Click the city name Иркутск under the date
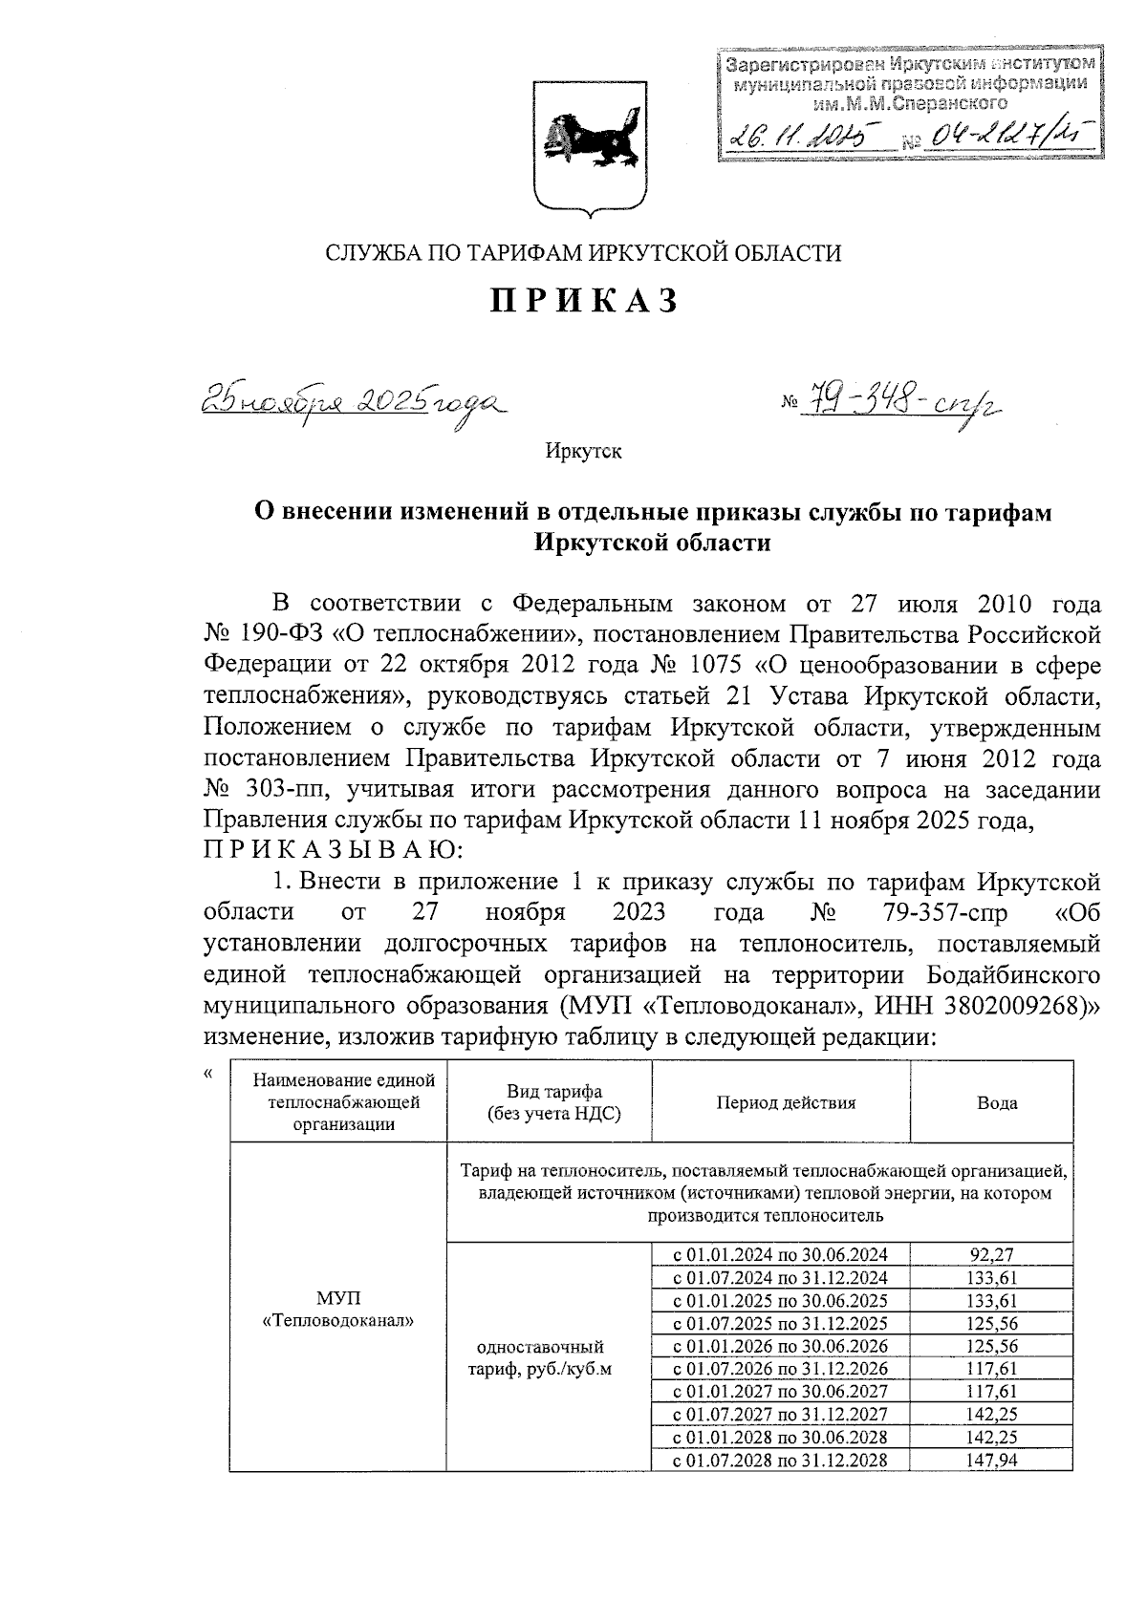[583, 451]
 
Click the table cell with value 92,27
[991, 1256]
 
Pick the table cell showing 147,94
[991, 1486]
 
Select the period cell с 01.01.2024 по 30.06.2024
[781, 1256]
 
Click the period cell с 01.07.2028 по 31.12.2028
[781, 1486]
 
